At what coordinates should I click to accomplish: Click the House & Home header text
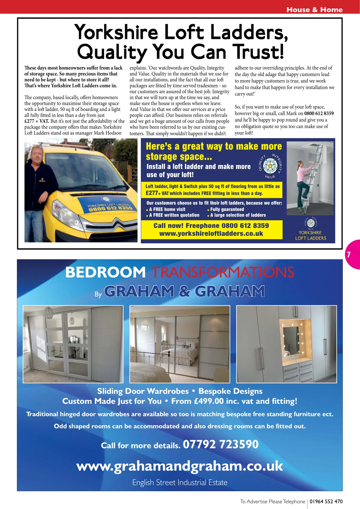click(x=314, y=10)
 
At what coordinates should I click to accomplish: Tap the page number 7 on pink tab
click(x=349, y=254)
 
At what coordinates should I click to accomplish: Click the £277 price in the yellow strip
click(x=152, y=193)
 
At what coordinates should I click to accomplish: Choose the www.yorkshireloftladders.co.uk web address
click(x=211, y=234)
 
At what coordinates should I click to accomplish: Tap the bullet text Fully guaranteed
click(x=227, y=209)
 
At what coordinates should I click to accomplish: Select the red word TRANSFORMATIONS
click(x=222, y=272)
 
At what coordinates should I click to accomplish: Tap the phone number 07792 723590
click(x=221, y=444)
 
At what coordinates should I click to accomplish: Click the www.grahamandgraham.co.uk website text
click(x=180, y=466)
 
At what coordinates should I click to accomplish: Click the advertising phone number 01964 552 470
click(x=326, y=501)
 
